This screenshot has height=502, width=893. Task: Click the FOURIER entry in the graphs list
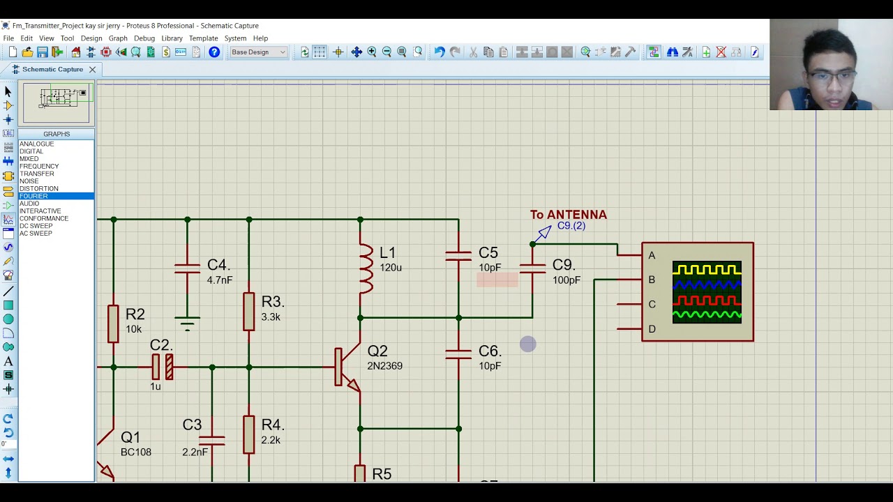tap(33, 196)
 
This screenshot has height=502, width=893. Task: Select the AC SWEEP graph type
tap(36, 234)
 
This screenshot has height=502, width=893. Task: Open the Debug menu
tap(144, 38)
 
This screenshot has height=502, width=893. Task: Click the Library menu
tap(172, 38)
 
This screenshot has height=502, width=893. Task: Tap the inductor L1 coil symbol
tap(366, 268)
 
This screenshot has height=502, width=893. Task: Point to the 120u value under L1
tap(391, 268)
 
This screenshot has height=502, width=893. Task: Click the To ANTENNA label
tap(568, 215)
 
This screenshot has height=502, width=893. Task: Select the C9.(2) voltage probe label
tap(571, 226)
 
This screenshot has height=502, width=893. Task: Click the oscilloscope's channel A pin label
tap(652, 256)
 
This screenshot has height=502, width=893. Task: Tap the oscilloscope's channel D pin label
tap(652, 329)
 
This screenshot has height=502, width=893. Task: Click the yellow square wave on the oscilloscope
tap(706, 270)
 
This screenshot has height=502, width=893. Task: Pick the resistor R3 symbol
tap(249, 311)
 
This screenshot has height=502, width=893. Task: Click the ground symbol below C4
tap(187, 324)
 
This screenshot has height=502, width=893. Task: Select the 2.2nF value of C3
tap(195, 452)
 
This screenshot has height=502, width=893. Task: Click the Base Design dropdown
tap(258, 52)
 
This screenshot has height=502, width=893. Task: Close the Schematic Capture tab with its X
tap(92, 70)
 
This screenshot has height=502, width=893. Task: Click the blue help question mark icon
tap(214, 52)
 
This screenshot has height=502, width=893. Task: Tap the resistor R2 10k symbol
tap(113, 324)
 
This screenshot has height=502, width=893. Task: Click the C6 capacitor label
tap(489, 351)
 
